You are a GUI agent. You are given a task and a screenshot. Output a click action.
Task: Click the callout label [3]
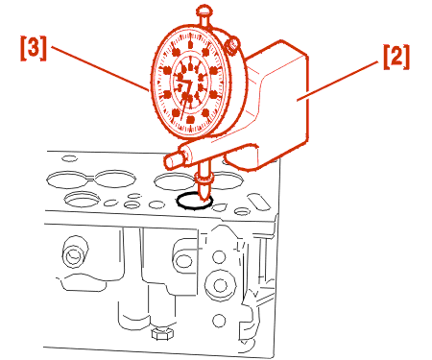click(34, 48)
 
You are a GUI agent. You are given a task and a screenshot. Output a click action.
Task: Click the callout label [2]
click(396, 57)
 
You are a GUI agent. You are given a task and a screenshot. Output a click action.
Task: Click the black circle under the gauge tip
click(194, 202)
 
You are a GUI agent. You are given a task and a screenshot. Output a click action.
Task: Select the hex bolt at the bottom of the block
click(163, 333)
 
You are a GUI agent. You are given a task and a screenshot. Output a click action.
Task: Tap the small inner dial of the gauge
click(191, 83)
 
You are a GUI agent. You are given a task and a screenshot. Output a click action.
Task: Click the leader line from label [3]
click(100, 69)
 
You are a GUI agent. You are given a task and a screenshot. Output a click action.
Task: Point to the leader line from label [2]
click(338, 82)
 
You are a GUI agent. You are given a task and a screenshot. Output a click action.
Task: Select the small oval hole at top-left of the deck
click(70, 158)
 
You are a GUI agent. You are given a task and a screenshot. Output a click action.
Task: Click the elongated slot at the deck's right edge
click(259, 202)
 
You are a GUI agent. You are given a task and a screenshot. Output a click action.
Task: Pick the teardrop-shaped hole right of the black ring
click(220, 207)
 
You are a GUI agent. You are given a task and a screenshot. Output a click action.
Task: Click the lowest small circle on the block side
click(219, 321)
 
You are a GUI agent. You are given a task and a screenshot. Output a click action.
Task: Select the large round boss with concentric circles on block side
click(220, 285)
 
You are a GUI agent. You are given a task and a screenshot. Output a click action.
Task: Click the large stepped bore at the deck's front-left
click(83, 199)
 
